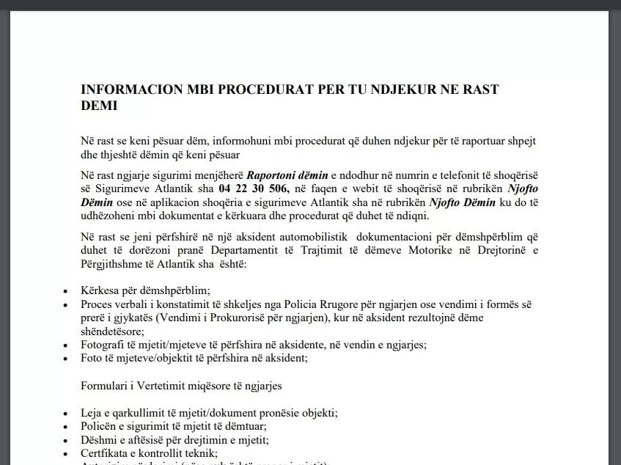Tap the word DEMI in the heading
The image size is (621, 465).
point(99,106)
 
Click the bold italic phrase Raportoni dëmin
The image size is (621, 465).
point(284,176)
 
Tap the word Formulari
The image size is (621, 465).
point(105,385)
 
